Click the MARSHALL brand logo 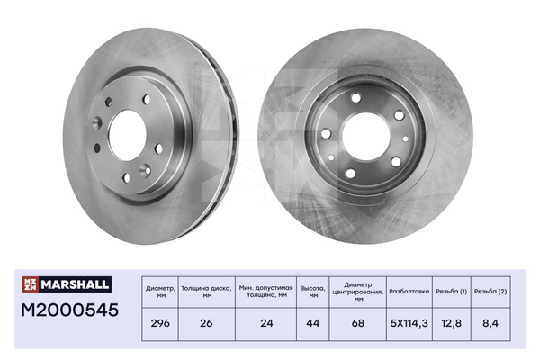(x=67, y=284)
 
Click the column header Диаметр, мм (x=160, y=290)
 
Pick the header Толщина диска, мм (x=206, y=290)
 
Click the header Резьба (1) (x=450, y=290)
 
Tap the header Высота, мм (x=314, y=290)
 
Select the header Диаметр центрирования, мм (x=357, y=290)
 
